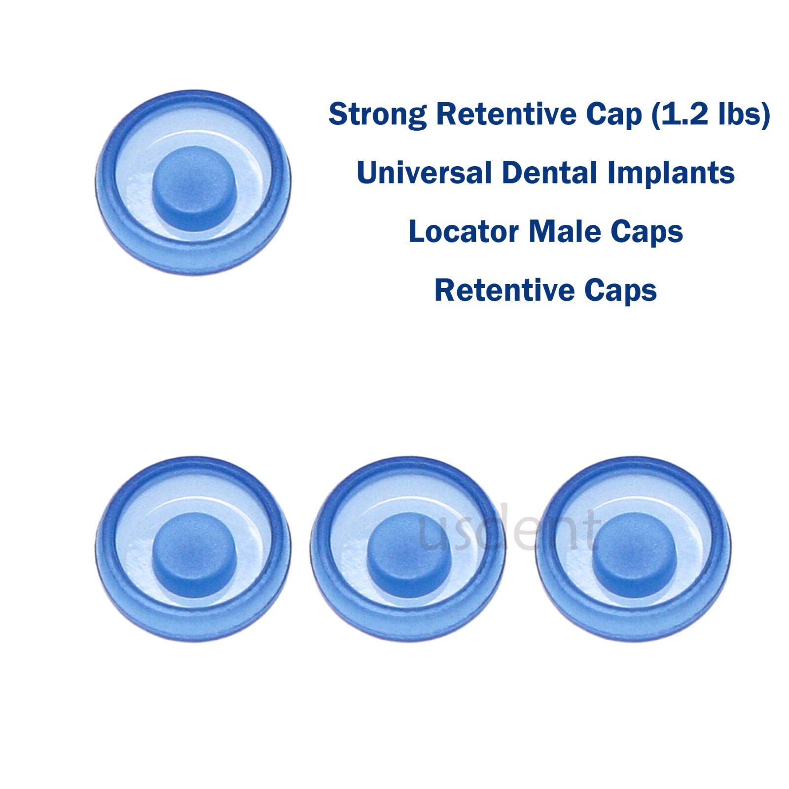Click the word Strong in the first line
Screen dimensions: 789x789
click(x=377, y=114)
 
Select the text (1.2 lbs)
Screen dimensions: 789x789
click(x=711, y=114)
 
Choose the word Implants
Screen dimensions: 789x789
click(x=671, y=174)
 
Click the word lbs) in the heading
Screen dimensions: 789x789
click(x=745, y=114)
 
